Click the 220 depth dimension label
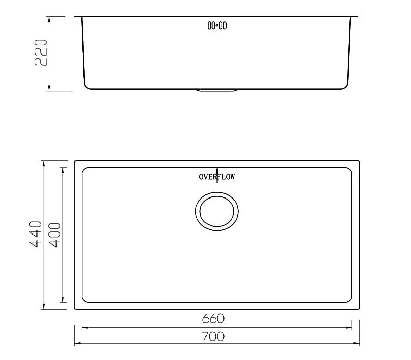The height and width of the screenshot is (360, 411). point(41,53)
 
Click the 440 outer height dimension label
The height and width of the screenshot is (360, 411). point(35,235)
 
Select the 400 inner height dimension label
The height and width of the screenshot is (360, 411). point(55,235)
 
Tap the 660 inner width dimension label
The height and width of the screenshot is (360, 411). point(213,319)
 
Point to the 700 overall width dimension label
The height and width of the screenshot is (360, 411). point(213,337)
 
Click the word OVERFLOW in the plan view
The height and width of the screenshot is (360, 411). point(217,177)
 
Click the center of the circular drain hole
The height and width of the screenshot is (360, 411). point(217,211)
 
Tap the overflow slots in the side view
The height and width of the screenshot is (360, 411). point(217,25)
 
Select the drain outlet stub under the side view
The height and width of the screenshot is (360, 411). point(217,91)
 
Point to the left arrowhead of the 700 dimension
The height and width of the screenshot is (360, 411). point(78,343)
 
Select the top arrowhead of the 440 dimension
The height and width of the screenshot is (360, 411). point(44,164)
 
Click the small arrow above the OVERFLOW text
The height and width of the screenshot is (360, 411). point(217,170)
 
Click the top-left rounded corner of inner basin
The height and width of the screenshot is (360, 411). point(85,170)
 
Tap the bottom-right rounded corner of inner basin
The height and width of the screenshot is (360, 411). point(349,299)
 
